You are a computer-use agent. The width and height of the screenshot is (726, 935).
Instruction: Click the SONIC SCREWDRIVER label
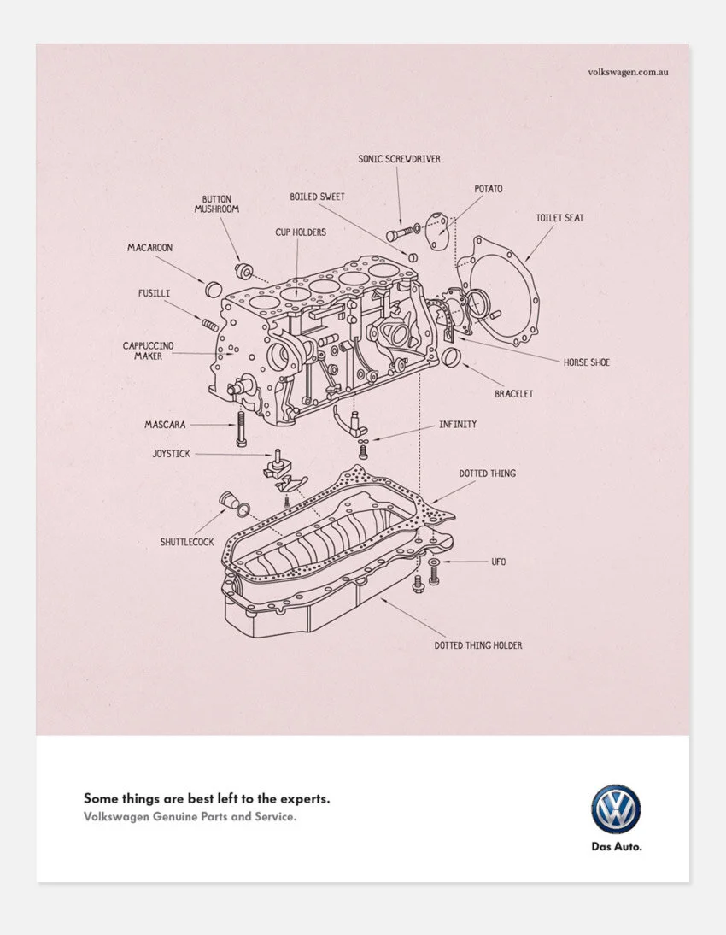pos(399,158)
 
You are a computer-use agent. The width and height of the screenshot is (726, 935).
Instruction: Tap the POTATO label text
pos(489,188)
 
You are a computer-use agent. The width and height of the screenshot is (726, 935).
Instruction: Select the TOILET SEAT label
pos(559,218)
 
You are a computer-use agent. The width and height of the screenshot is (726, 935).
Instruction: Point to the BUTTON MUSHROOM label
pos(216,203)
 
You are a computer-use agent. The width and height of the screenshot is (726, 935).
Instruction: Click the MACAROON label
pos(149,248)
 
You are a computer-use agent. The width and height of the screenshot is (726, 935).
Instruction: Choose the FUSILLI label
pos(154,293)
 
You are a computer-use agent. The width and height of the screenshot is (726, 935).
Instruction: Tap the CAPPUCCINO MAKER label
pos(148,350)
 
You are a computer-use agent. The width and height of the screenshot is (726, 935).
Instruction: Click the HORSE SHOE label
pos(586,362)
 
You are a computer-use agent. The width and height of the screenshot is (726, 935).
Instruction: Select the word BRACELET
pos(513,394)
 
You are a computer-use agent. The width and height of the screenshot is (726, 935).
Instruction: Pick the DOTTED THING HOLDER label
pos(477,645)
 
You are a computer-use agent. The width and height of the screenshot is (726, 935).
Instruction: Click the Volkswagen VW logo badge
pos(615,809)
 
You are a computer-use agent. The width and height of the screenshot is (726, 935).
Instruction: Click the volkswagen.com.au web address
pos(628,72)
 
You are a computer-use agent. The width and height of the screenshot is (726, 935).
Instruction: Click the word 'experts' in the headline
pos(304,799)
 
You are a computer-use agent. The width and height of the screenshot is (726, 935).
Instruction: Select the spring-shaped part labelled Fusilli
pos(211,324)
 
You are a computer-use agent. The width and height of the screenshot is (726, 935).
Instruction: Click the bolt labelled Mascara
pos(242,427)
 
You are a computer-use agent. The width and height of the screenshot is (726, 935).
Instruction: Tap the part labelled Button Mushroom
pos(243,270)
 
